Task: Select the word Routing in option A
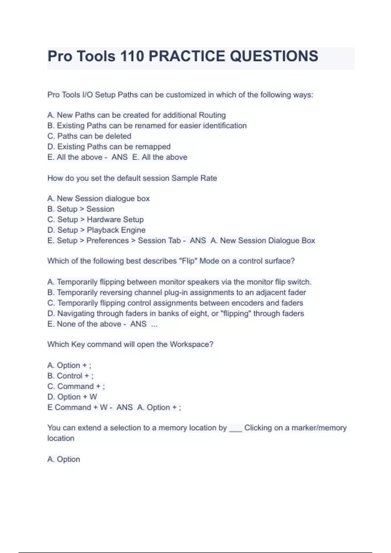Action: point(212,115)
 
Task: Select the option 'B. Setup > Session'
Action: point(81,209)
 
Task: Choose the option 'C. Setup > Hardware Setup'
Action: point(95,220)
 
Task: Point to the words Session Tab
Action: point(159,241)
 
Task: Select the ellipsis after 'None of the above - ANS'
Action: point(154,324)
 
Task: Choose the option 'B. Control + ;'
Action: point(70,376)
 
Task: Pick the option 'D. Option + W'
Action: point(72,397)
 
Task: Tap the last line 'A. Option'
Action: point(64,459)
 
